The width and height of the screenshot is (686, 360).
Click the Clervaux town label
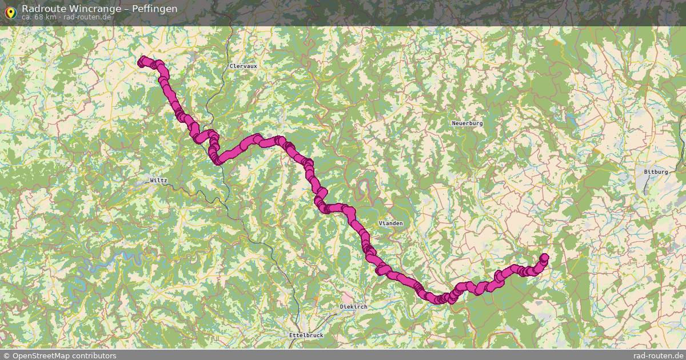pos(243,66)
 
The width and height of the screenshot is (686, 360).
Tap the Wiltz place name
pos(158,181)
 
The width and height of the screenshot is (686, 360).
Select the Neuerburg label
pos(467,123)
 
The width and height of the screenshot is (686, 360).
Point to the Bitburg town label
pos(655,171)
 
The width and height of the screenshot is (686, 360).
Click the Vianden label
pos(390,223)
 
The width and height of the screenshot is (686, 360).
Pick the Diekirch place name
pos(353,307)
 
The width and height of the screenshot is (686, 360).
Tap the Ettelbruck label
pos(306,335)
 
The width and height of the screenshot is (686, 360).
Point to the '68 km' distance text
pos(43,17)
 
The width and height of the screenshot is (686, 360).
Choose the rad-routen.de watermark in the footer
pos(659,355)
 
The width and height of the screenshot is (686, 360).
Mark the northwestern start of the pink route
pos(142,60)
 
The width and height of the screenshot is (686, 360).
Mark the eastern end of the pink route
pos(544,258)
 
